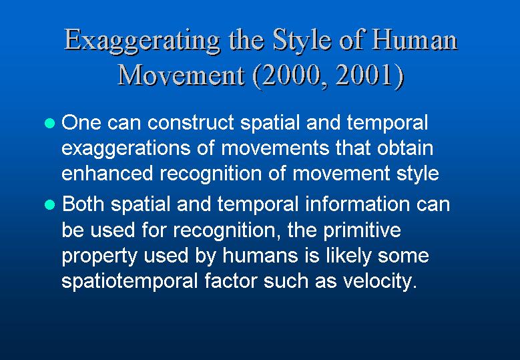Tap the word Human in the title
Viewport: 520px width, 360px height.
pos(415,39)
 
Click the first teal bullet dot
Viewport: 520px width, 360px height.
pos(49,124)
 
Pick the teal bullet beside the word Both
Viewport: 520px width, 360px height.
pos(49,205)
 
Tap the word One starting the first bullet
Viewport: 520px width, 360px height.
pos(81,122)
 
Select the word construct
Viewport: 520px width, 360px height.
pos(191,122)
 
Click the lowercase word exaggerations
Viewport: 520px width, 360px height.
pos(126,149)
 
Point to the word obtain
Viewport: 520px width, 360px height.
pos(405,148)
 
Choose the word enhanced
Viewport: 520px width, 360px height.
pos(107,173)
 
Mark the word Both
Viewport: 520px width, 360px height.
pos(83,204)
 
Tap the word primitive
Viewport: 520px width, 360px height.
pos(362,230)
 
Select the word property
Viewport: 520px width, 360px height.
pos(99,256)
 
